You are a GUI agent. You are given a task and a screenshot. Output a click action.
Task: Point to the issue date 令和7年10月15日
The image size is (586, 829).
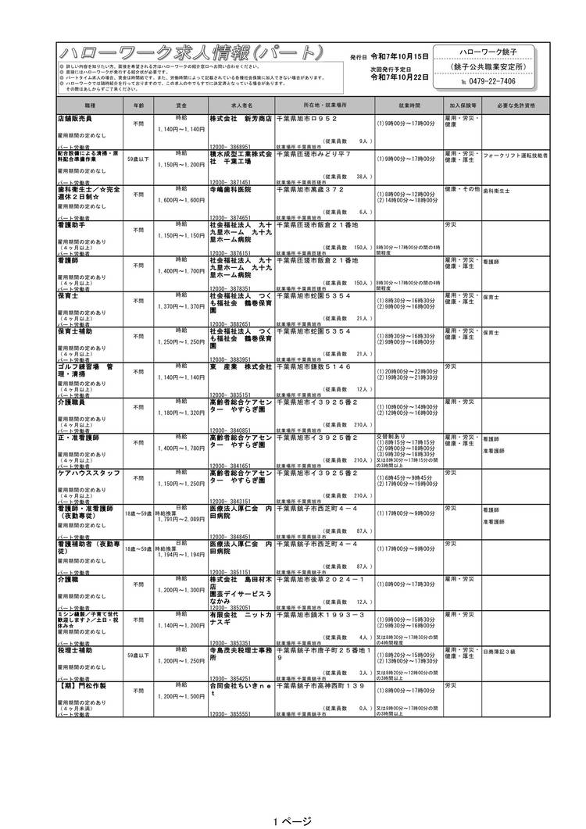[x=399, y=57]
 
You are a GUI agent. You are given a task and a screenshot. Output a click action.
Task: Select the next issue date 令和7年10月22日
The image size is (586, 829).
[x=399, y=77]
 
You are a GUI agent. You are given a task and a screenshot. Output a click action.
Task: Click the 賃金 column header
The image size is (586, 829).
[x=181, y=104]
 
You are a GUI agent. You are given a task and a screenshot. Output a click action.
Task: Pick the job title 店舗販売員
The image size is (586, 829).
[x=75, y=118]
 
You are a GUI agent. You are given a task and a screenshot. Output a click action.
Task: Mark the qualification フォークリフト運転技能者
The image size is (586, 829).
[x=515, y=155]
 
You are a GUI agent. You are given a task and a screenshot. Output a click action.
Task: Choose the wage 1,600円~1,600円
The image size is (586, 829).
[x=181, y=200]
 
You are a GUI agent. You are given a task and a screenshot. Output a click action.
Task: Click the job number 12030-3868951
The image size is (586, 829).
[x=230, y=145]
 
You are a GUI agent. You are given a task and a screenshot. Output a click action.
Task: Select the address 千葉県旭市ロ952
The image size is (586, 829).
[x=306, y=118]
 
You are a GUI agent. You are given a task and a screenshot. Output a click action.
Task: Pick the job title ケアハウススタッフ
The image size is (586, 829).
[x=88, y=473]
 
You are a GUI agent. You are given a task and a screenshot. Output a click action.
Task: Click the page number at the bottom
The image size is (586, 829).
[x=292, y=820]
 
